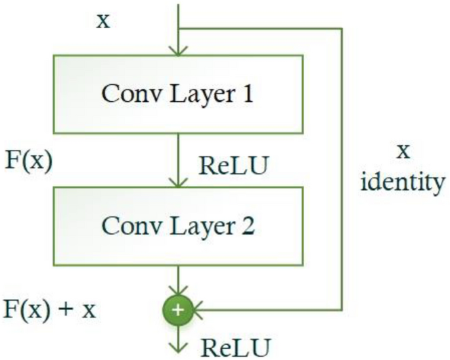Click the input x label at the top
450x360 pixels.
pos(103,21)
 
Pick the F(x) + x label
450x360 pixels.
pos(50,308)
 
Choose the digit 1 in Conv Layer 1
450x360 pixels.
pos(248,95)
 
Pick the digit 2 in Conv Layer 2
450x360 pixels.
pos(248,227)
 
